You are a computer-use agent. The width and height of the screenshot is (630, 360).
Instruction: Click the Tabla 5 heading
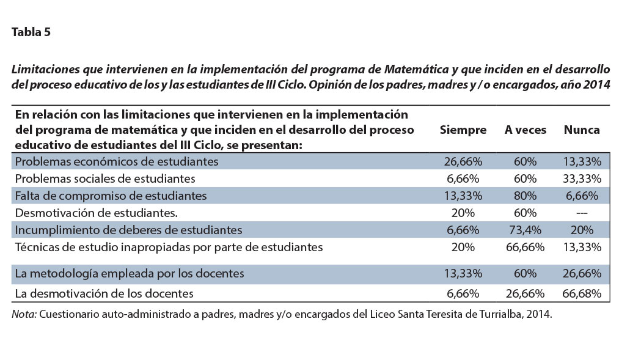(x=31, y=32)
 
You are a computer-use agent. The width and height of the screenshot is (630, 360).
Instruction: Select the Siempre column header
(x=463, y=130)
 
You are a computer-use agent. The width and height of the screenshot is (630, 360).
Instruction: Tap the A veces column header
(x=525, y=130)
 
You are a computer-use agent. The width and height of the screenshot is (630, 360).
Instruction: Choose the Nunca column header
(x=581, y=130)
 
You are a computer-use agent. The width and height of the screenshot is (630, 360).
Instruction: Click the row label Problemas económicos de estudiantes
(x=117, y=161)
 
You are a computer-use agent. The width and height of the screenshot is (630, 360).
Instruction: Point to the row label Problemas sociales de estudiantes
(x=105, y=178)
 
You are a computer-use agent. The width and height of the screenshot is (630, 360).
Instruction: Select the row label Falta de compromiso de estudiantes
(x=111, y=196)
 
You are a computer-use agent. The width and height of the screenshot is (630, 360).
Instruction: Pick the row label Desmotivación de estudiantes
(x=97, y=213)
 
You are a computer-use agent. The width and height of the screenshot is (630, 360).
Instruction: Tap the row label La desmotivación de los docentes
(x=104, y=293)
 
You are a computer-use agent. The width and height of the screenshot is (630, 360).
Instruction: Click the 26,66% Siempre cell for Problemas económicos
(x=463, y=161)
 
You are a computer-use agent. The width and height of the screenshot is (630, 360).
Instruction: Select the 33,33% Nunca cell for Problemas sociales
(x=582, y=178)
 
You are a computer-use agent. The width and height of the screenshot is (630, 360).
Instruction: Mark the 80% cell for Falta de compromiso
(x=525, y=196)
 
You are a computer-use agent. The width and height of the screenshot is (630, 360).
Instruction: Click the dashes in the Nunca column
(x=582, y=213)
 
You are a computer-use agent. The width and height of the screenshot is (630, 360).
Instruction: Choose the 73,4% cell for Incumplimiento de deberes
(x=525, y=230)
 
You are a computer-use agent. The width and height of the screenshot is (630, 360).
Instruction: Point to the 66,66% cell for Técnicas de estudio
(x=525, y=247)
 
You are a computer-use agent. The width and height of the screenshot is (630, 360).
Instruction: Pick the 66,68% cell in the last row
(x=582, y=293)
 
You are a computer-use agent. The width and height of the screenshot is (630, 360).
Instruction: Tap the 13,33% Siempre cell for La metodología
(x=463, y=273)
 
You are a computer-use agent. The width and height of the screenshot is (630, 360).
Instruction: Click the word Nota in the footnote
(x=24, y=314)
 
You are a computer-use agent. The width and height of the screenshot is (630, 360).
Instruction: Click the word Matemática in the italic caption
(x=416, y=69)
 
